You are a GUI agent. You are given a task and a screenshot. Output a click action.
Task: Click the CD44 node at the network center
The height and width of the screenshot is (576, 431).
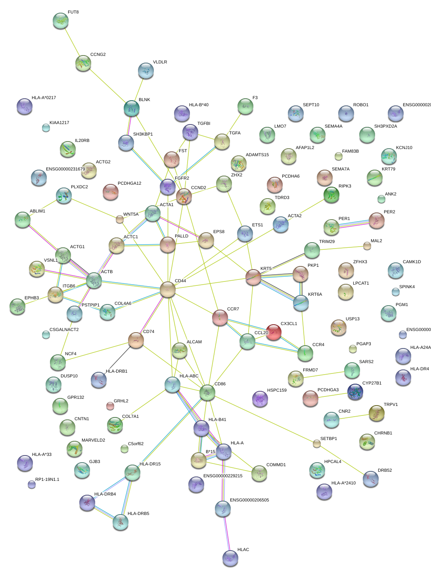[168, 289]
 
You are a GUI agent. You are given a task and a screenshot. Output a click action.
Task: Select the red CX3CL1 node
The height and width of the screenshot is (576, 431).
[273, 332]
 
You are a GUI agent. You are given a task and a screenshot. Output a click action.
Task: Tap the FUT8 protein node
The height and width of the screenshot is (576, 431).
[61, 21]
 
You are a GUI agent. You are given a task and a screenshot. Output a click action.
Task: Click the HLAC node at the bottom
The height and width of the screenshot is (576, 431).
[230, 558]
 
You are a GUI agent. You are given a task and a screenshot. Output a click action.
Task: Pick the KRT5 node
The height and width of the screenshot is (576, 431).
[253, 277]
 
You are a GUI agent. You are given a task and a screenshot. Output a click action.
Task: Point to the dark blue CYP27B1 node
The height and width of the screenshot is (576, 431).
[355, 392]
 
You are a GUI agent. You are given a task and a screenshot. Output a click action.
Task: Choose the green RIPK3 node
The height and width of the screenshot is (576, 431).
[331, 195]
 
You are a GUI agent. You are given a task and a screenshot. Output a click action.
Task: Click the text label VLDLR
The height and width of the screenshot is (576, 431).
[160, 62]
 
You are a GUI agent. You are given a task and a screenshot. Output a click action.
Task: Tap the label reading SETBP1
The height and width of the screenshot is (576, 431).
[328, 438]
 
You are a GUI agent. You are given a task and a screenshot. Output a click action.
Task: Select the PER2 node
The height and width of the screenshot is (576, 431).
[376, 220]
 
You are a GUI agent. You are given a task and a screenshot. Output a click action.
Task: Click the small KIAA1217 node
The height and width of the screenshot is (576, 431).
[46, 128]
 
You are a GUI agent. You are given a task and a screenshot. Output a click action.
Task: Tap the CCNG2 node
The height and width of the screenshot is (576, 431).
[83, 63]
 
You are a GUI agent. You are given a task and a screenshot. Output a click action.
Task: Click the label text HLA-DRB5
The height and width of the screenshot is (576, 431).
[138, 513]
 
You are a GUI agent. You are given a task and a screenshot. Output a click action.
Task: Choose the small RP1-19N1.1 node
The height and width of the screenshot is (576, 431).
[32, 484]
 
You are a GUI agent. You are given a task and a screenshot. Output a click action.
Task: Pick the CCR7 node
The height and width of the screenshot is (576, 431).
[220, 318]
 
